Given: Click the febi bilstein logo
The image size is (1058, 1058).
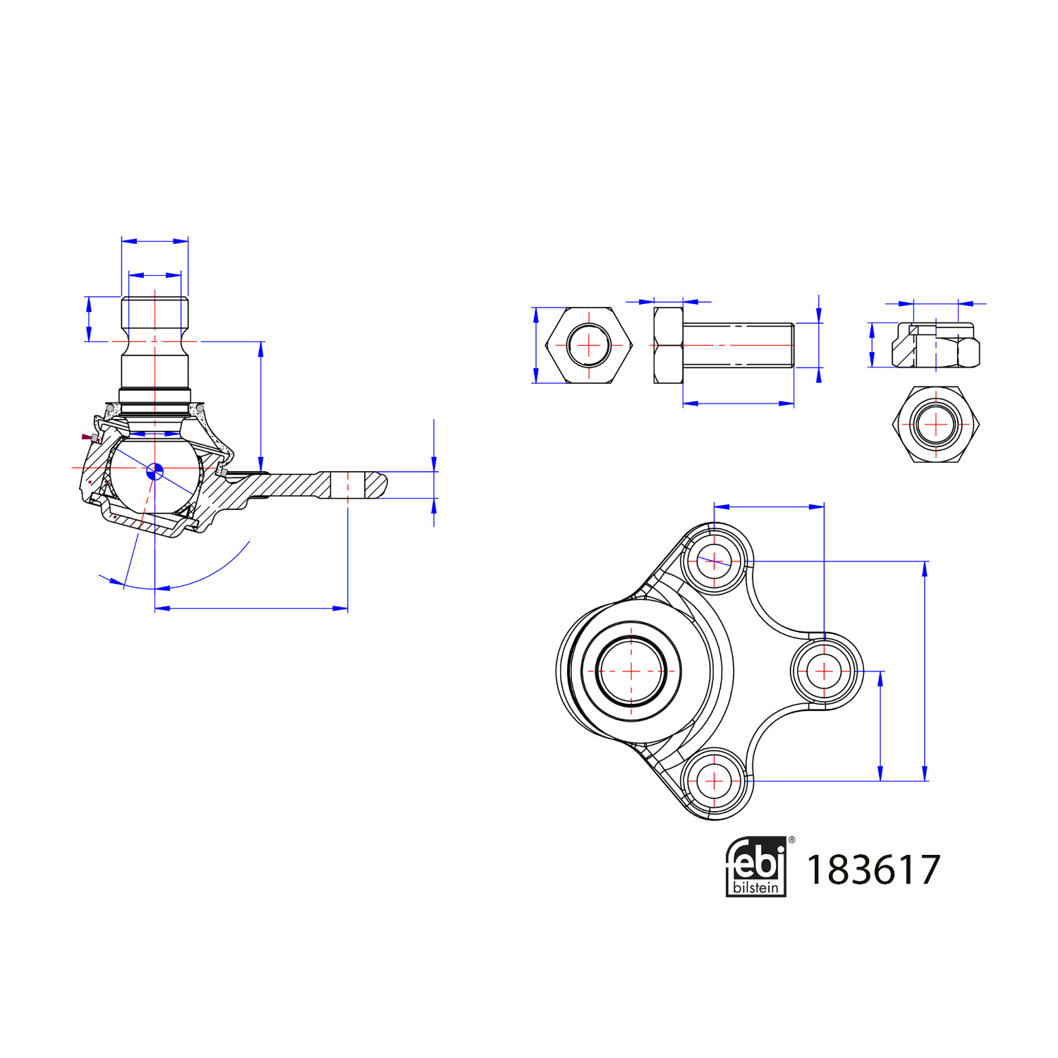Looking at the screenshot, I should pyautogui.click(x=755, y=867).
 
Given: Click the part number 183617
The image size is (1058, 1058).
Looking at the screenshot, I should pyautogui.click(x=872, y=870).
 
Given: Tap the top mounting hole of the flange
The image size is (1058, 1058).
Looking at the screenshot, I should pyautogui.click(x=714, y=561).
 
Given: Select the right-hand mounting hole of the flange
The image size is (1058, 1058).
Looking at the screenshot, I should pyautogui.click(x=824, y=671).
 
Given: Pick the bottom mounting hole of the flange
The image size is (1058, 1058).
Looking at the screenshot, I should pyautogui.click(x=714, y=781).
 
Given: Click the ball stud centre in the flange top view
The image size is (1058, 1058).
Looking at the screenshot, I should pyautogui.click(x=631, y=671).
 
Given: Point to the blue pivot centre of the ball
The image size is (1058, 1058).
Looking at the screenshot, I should pyautogui.click(x=154, y=471).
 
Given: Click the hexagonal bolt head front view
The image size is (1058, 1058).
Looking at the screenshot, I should pyautogui.click(x=589, y=346).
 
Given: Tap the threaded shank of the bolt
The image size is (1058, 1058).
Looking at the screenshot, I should pyautogui.click(x=738, y=346).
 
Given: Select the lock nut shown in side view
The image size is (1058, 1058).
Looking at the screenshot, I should pyautogui.click(x=935, y=345).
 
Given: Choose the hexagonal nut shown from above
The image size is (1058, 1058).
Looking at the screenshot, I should pyautogui.click(x=935, y=424).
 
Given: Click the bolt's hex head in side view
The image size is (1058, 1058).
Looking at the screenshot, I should pyautogui.click(x=668, y=346).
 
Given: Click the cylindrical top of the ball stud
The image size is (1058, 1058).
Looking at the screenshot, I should pyautogui.click(x=154, y=314).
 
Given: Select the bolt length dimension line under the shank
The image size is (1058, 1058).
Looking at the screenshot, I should pyautogui.click(x=738, y=403).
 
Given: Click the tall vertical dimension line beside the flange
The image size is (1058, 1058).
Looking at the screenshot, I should pyautogui.click(x=925, y=671).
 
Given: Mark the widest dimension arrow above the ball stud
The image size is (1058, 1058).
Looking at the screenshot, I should pyautogui.click(x=154, y=241).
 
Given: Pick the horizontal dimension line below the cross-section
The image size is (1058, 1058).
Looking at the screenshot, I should pyautogui.click(x=251, y=608).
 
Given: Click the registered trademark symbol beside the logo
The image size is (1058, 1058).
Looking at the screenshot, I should pyautogui.click(x=791, y=840).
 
